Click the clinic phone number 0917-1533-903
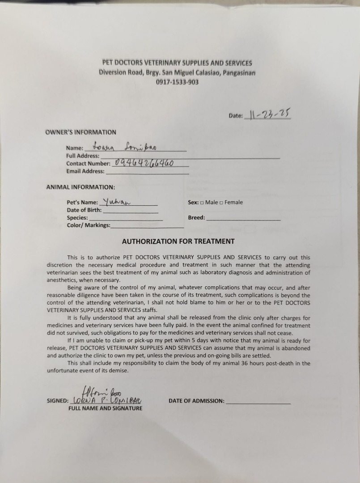tap(178, 82)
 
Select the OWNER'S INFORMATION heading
tap(80, 132)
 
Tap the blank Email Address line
tap(147, 173)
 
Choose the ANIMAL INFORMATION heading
tap(80, 187)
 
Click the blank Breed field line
tap(243, 220)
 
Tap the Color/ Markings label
tap(88, 225)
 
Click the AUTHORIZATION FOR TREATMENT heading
tap(178, 241)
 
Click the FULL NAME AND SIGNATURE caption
tap(105, 408)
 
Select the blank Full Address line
tap(190, 157)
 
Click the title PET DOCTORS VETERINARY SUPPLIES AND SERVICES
tap(177, 64)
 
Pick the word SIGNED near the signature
tap(58, 401)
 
